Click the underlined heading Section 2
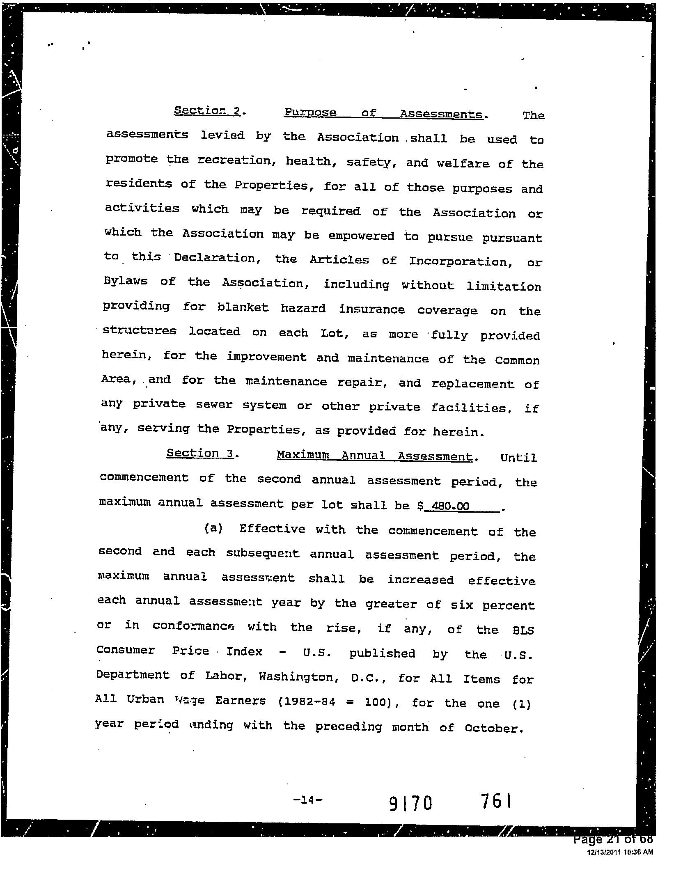(207, 111)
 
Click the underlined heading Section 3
(200, 453)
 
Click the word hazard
(303, 308)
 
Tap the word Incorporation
(461, 261)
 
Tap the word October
(494, 728)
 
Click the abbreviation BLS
(523, 630)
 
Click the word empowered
(361, 236)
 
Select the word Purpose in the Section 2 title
(310, 112)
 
